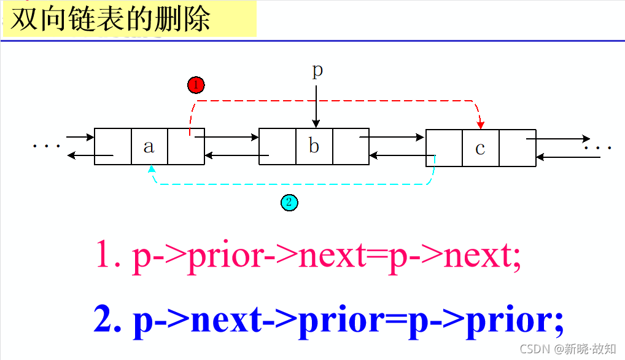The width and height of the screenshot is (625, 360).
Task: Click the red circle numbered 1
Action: coord(196,85)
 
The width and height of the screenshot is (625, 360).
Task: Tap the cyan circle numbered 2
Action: coord(289,202)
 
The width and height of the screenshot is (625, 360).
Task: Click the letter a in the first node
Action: coord(149,147)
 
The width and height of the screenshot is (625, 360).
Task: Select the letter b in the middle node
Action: coord(314,147)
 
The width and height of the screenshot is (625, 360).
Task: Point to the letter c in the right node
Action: coord(480,148)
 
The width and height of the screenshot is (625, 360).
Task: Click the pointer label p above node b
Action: coord(317,71)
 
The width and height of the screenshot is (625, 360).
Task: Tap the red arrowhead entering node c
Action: coord(481,125)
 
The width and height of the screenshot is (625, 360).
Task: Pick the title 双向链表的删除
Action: coord(111,19)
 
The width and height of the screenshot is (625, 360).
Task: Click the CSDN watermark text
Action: coord(568,349)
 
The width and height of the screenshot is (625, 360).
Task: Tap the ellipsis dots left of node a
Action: coord(47,146)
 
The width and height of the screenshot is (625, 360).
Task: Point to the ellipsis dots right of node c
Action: coord(599,148)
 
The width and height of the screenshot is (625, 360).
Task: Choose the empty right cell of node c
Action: coord(517,148)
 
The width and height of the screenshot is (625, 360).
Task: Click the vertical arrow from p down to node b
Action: coord(316,106)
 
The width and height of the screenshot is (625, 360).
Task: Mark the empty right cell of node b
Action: coord(351,147)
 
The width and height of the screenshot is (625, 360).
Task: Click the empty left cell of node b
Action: coord(278,147)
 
